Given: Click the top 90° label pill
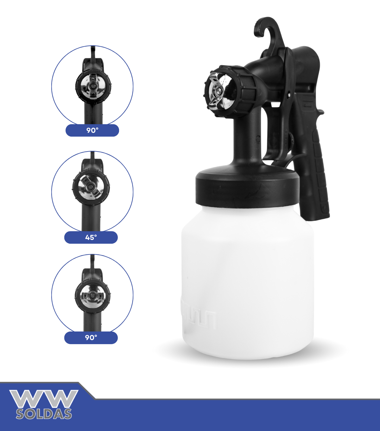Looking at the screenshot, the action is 92,130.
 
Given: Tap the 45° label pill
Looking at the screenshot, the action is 91,237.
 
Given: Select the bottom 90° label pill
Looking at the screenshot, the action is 91,338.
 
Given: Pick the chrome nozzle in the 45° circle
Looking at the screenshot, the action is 91,187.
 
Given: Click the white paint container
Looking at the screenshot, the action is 247,281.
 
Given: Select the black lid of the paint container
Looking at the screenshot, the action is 247,187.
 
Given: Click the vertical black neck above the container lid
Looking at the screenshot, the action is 248,138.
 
